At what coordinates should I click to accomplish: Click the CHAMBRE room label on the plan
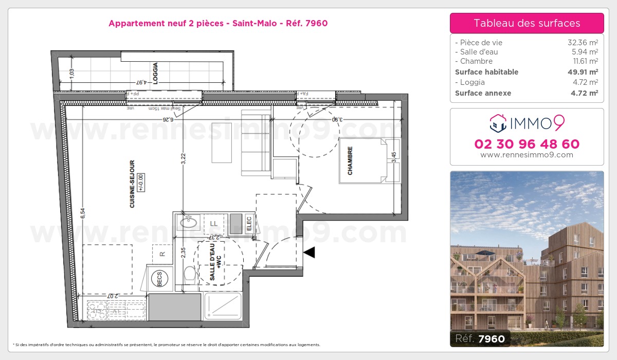pyautogui.click(x=350, y=161)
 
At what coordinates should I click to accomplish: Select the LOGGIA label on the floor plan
pyautogui.click(x=155, y=73)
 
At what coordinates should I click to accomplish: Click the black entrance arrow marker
pyautogui.click(x=310, y=253)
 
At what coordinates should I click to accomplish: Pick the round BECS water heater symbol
pyautogui.click(x=159, y=280)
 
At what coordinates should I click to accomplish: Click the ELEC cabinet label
pyautogui.click(x=249, y=222)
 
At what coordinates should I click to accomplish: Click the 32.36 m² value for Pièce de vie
pyautogui.click(x=582, y=43)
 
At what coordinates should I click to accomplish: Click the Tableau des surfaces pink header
pyautogui.click(x=527, y=23)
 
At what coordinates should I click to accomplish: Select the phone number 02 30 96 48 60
pyautogui.click(x=527, y=144)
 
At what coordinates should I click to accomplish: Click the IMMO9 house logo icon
pyautogui.click(x=497, y=122)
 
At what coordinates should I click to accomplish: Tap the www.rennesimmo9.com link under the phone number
pyautogui.click(x=527, y=155)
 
